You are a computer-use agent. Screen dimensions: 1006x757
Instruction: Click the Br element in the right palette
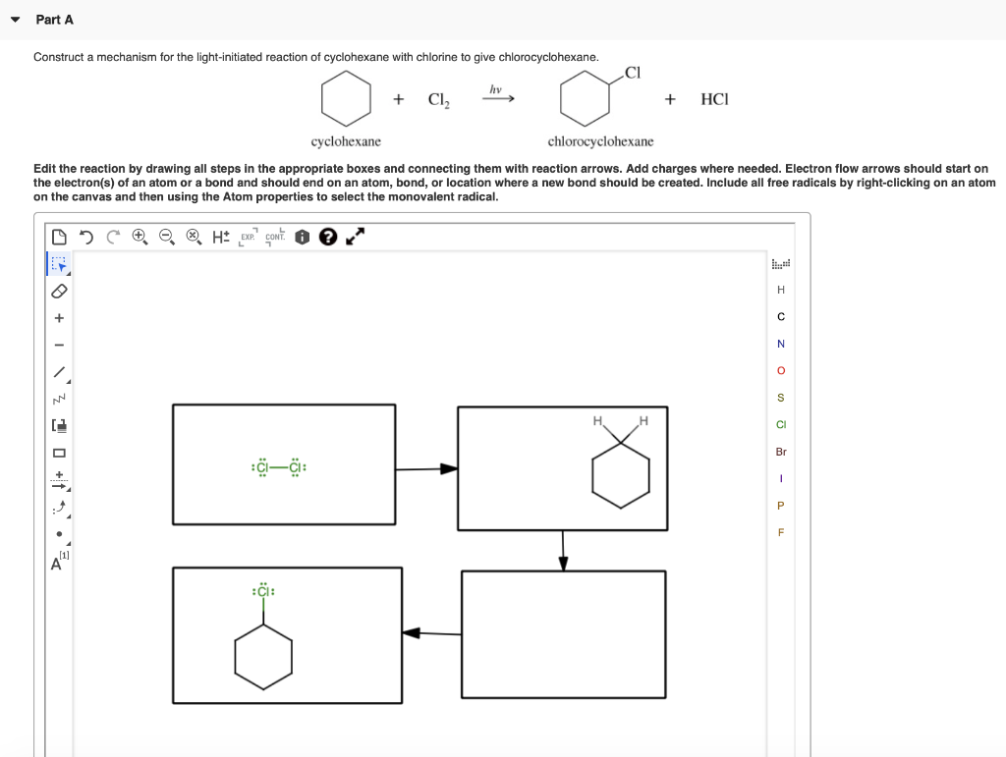781,452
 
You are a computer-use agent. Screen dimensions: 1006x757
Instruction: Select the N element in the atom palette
781,344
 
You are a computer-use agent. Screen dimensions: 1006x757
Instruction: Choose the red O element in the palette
781,371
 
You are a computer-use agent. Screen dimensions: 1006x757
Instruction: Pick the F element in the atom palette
781,533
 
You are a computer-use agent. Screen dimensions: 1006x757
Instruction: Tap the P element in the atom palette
781,506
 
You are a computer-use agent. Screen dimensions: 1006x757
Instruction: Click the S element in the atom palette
781,398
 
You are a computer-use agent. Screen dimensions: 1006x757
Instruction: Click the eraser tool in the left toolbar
59,292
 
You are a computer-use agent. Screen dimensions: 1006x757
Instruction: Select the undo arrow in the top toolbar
86,237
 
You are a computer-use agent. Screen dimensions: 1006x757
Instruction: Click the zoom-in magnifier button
140,237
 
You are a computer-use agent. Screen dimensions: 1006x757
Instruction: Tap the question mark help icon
327,237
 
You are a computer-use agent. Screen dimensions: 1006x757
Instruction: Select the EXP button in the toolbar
247,237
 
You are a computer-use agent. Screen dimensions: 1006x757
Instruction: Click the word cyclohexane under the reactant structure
346,141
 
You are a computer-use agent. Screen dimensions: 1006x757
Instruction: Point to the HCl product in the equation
715,99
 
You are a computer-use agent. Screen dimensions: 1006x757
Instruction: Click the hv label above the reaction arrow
495,89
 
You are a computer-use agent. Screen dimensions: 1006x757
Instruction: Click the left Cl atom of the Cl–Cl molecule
261,468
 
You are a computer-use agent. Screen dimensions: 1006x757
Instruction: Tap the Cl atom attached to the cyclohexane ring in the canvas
263,592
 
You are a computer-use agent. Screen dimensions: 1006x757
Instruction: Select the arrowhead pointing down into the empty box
563,563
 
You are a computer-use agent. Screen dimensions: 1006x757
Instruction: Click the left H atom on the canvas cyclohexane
596,422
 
